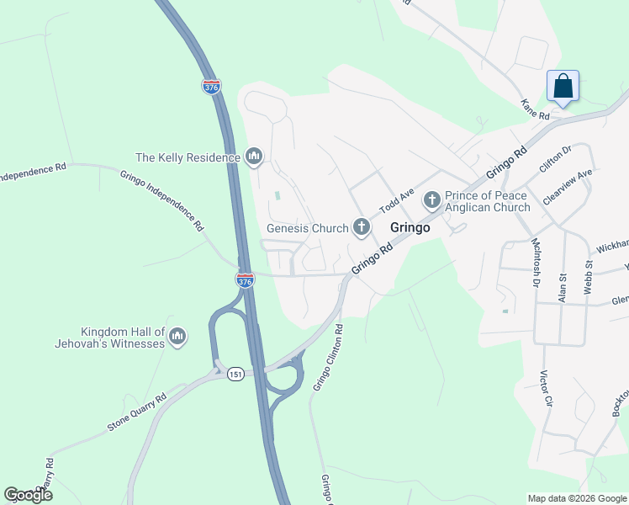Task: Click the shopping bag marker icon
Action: [x=563, y=86]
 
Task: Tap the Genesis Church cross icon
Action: [x=362, y=226]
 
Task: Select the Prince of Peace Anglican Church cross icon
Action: [x=432, y=199]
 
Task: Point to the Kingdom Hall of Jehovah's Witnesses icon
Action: [x=177, y=337]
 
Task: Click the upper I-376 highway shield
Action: [x=211, y=86]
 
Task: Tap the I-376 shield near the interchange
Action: [x=245, y=281]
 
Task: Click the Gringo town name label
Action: [x=410, y=227]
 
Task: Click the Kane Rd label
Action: [x=535, y=109]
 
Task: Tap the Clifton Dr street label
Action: [x=555, y=158]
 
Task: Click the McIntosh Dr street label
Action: [x=535, y=263]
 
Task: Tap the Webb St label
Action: [x=589, y=276]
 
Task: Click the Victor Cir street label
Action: [x=546, y=389]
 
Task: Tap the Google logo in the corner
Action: [x=28, y=495]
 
